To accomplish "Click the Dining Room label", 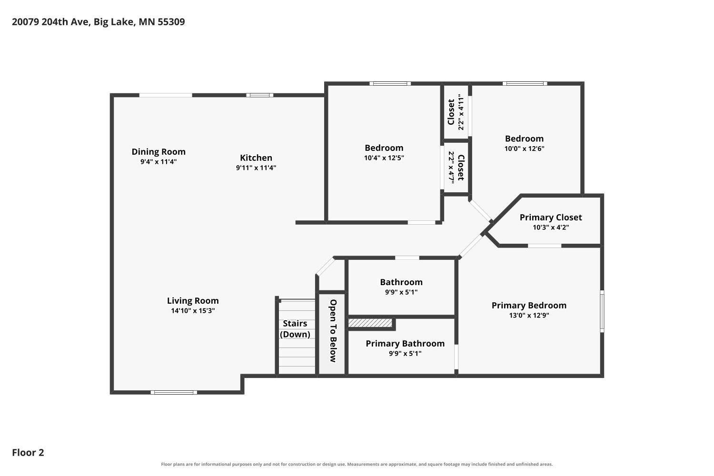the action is pyautogui.click(x=159, y=152).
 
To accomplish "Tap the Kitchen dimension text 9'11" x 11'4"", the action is pyautogui.click(x=256, y=168).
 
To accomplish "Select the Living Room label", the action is pyautogui.click(x=193, y=301).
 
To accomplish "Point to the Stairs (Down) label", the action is pyautogui.click(x=295, y=329).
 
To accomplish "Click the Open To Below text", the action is pyautogui.click(x=333, y=331).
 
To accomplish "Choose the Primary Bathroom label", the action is pyautogui.click(x=405, y=343).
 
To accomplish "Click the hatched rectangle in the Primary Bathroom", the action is pyautogui.click(x=370, y=323).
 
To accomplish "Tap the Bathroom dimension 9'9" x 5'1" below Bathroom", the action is pyautogui.click(x=401, y=292).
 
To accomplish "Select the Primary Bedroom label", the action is pyautogui.click(x=529, y=306).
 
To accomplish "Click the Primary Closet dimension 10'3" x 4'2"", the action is pyautogui.click(x=551, y=228).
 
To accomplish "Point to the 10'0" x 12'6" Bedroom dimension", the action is pyautogui.click(x=525, y=149).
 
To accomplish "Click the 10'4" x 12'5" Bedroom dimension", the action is pyautogui.click(x=384, y=158).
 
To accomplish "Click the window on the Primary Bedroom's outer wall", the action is pyautogui.click(x=602, y=311).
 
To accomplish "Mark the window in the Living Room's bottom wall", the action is pyautogui.click(x=174, y=393).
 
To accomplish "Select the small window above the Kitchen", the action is pyautogui.click(x=260, y=95).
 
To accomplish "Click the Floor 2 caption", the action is pyautogui.click(x=28, y=453).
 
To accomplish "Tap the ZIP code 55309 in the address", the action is pyautogui.click(x=171, y=22).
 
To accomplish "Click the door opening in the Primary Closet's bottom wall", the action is pyautogui.click(x=545, y=246).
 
